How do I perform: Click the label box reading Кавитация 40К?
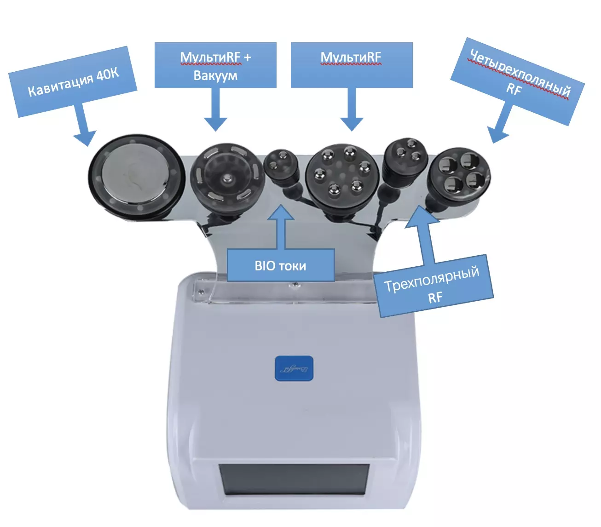(x=73, y=81)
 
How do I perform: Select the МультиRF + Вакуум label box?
(x=215, y=65)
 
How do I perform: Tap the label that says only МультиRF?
(x=352, y=65)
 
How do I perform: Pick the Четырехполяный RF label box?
(x=517, y=81)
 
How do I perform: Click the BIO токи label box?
(x=281, y=265)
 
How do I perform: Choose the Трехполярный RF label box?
(x=433, y=286)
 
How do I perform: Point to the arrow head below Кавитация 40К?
(x=85, y=138)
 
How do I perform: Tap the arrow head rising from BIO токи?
(x=281, y=212)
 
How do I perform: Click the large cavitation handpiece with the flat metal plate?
(x=136, y=177)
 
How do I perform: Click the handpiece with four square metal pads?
(x=458, y=176)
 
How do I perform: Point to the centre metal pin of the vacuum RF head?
(x=227, y=179)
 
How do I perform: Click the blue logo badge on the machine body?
(x=294, y=368)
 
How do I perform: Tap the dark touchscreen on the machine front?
(x=294, y=479)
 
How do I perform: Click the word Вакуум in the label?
(x=215, y=76)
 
